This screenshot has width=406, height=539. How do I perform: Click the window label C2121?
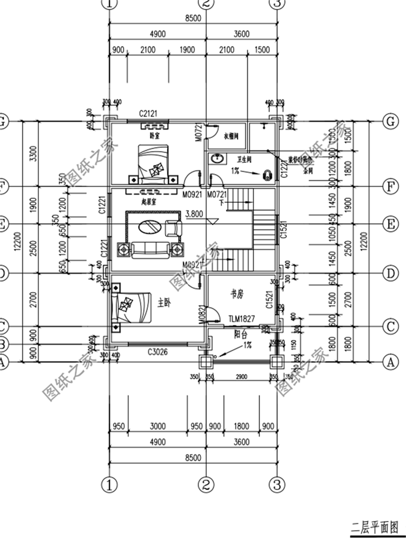point(147,114)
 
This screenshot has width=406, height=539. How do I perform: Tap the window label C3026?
point(158,352)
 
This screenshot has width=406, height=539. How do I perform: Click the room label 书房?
point(237,294)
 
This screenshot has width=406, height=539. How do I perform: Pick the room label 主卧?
point(164,304)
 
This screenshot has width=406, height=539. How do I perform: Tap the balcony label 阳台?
point(241,335)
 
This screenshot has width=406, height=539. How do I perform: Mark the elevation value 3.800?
point(193,214)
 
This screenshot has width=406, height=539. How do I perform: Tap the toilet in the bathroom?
point(267,175)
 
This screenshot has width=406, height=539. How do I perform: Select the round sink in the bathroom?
point(218,159)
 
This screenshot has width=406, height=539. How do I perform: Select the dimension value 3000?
point(158,426)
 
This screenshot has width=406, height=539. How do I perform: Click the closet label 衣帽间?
point(231,137)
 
